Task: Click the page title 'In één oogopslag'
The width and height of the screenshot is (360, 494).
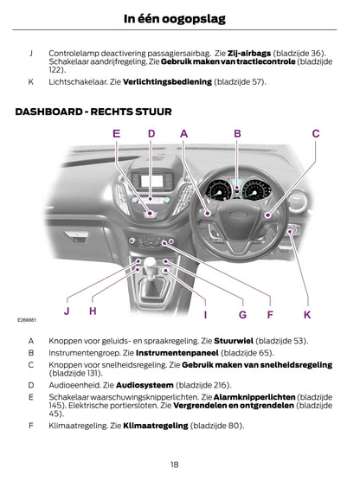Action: tap(175, 19)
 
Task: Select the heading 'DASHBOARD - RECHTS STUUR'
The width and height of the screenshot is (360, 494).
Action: tap(93, 112)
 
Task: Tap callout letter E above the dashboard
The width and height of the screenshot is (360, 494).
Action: tap(116, 133)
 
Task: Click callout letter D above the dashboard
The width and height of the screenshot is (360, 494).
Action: tap(151, 133)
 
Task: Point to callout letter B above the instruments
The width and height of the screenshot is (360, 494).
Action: tap(237, 133)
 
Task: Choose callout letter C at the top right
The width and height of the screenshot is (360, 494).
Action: tap(316, 133)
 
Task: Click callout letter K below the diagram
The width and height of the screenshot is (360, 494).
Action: tap(307, 314)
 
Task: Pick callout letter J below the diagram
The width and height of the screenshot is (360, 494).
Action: tap(67, 311)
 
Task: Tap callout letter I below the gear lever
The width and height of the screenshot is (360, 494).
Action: tap(206, 314)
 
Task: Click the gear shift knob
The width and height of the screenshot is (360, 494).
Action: tap(150, 262)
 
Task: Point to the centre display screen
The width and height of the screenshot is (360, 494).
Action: tap(152, 181)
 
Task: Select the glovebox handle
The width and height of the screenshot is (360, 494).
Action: tap(75, 234)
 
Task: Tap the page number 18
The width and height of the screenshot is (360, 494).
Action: tap(174, 465)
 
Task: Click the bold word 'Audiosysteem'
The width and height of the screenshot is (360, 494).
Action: tap(145, 385)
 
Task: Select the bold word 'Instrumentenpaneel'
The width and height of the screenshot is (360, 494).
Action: tap(177, 353)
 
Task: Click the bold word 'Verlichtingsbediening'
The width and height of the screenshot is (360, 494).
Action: tap(167, 82)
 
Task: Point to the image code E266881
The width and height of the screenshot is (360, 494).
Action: tap(27, 320)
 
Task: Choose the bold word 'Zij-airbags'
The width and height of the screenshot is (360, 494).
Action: tap(249, 54)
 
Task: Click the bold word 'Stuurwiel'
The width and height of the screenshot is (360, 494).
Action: tap(234, 341)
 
